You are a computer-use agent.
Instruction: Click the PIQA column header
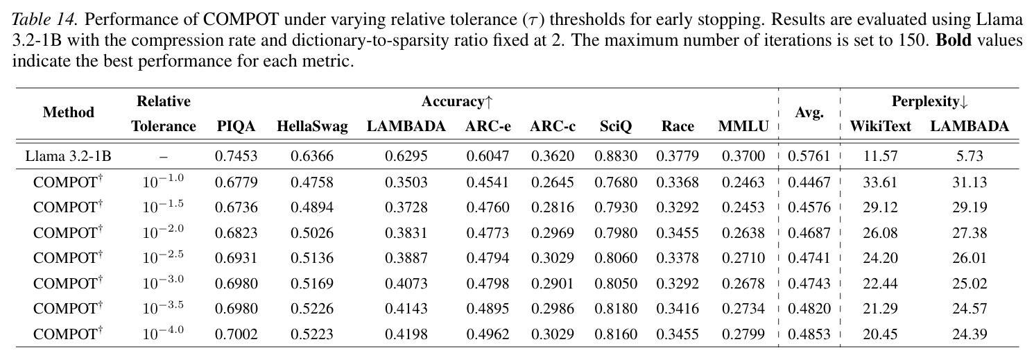pos(236,126)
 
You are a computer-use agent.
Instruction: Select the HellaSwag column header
pos(312,126)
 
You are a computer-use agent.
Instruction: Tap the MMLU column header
pos(743,126)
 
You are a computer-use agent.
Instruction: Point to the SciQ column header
pos(616,126)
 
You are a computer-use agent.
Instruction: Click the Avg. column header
pos(809,112)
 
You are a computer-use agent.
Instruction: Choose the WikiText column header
pos(880,126)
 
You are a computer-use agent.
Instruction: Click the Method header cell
pos(69,112)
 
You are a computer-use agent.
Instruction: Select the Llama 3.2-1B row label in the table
pos(68,156)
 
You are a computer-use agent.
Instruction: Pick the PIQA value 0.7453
pos(236,156)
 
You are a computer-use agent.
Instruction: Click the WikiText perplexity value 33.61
pos(880,182)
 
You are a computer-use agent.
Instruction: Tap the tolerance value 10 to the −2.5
pos(163,256)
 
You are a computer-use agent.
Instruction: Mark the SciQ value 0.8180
pos(616,308)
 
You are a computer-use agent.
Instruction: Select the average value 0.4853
pos(809,334)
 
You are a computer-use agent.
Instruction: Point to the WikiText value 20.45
pos(880,334)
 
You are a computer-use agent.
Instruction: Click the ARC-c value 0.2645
pos(553,182)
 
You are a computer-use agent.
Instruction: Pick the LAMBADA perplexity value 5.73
pos(970,156)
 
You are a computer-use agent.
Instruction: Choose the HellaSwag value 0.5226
pos(312,308)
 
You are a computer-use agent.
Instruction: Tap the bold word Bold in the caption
pos(954,40)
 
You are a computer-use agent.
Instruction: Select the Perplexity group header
pos(929,101)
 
